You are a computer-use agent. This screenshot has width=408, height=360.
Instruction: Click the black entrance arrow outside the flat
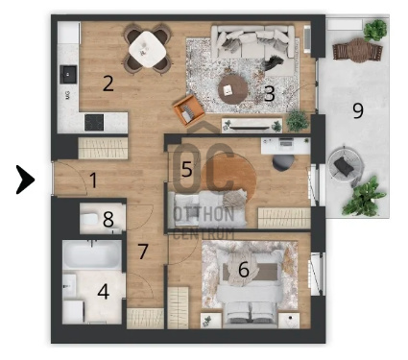point(25,180)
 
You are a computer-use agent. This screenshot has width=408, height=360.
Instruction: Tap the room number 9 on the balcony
point(358,110)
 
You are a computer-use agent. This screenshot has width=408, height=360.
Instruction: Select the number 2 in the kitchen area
point(108,84)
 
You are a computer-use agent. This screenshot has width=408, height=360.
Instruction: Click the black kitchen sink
point(68,74)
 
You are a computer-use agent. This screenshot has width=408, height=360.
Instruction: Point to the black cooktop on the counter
point(94,122)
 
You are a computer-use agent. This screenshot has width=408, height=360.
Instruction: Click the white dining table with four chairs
point(147,49)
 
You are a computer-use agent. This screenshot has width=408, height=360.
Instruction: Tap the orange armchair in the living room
point(188,109)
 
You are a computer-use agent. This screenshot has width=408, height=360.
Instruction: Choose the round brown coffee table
point(232,89)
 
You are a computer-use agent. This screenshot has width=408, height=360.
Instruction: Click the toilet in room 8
point(89,219)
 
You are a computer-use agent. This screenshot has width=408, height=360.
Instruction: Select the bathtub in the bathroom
point(92,255)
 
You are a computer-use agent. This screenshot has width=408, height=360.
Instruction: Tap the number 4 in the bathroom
point(104,292)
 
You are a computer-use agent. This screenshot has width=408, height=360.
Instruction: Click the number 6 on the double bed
point(244,270)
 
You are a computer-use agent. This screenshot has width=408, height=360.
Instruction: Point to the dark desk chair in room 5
point(283,163)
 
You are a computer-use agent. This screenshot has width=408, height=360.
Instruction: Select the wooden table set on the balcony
point(357,50)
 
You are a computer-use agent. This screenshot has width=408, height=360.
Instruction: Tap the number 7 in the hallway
point(143,252)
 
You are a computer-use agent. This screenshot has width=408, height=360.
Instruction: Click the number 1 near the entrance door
point(93,180)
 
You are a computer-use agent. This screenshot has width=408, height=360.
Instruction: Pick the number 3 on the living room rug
point(270,94)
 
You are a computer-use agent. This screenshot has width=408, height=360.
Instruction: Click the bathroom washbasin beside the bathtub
point(69,285)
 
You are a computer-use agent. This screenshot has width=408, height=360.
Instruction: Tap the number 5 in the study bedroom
point(187,169)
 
